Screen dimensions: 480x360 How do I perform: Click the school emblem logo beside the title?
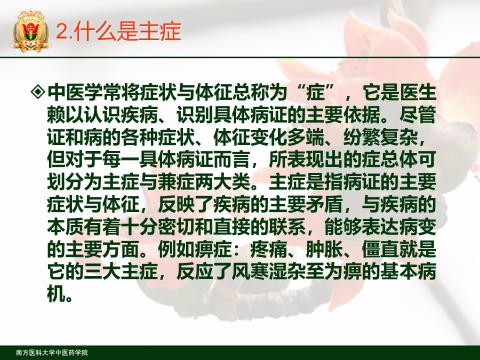tap(30, 30)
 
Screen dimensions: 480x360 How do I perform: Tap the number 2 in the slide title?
tap(62, 31)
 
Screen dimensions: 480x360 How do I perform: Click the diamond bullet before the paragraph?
tap(38, 92)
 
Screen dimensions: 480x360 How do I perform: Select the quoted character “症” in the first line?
tap(315, 92)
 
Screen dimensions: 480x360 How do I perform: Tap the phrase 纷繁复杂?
tap(380, 137)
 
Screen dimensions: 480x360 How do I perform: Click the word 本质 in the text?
tap(65, 227)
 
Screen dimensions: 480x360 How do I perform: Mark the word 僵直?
tap(380, 249)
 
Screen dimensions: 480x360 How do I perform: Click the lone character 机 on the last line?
tap(56, 294)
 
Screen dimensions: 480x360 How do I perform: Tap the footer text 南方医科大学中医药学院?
tap(52, 352)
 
